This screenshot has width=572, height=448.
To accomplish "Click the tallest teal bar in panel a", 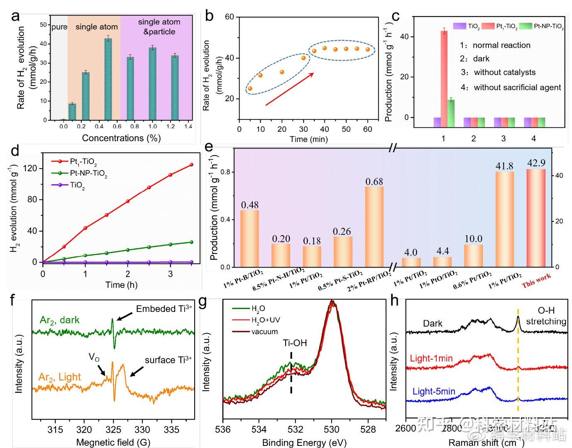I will pos(108,79).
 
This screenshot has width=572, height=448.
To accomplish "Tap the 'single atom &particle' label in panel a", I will pos(159,27).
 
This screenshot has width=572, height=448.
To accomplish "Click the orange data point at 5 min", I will pos(250,88).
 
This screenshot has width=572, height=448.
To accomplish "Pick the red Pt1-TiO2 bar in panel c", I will pos(444,74).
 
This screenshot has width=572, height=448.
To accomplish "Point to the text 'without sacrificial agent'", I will pos(517,88).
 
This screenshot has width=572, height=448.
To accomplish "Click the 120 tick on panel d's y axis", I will pos(32,168).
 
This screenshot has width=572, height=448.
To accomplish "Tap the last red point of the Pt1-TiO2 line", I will pos(191,165).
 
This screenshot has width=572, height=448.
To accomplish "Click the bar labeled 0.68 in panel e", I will pos(374,226).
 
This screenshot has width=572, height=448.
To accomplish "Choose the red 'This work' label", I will pos(536,281).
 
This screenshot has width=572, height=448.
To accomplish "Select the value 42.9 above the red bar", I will pos(536,163).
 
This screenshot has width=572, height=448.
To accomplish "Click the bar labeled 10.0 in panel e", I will pos(474,256).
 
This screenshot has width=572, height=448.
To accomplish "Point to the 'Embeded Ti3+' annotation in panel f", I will pos(164,309).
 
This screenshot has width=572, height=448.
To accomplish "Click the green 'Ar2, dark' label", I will pos(60,320).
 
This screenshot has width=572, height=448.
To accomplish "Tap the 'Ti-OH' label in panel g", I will pos(295,343).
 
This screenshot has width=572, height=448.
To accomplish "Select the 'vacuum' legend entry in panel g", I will pos(264,331).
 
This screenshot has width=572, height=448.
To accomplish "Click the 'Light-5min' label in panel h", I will pos(434,392).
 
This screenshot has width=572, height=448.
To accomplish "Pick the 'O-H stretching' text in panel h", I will pos(546,316).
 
